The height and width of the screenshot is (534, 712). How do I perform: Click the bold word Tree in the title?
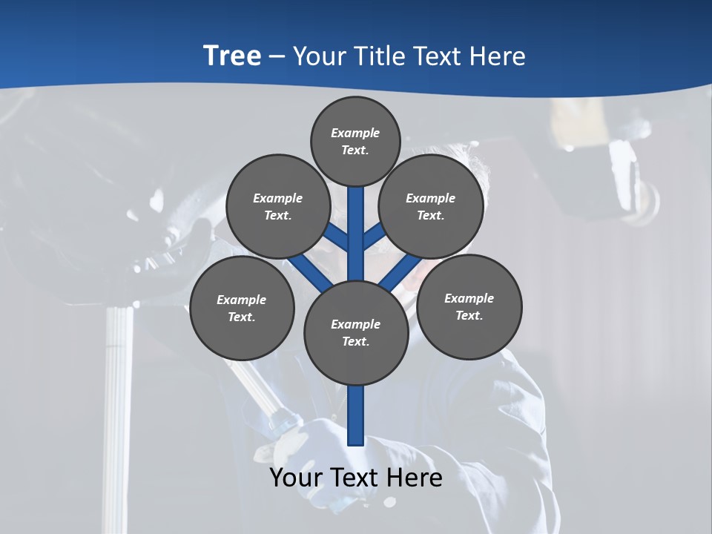232,56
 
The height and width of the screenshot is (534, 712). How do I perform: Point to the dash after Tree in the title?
277,57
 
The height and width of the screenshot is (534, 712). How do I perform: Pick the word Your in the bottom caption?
297,478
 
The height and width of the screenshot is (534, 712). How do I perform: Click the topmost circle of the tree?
355,141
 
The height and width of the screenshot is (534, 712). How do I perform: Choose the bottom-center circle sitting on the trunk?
356,333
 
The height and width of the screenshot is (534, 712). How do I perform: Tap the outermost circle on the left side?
242,309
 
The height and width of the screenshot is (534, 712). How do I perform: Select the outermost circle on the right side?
469,307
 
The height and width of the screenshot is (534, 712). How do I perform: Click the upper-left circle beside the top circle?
278,206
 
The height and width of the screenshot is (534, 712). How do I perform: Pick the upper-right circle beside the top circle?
431,206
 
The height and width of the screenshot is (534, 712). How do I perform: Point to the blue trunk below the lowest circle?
356,415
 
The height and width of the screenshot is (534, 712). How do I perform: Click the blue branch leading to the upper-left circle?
337,237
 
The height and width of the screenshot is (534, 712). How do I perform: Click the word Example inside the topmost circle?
355,133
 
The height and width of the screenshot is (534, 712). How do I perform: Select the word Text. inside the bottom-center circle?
355,342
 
